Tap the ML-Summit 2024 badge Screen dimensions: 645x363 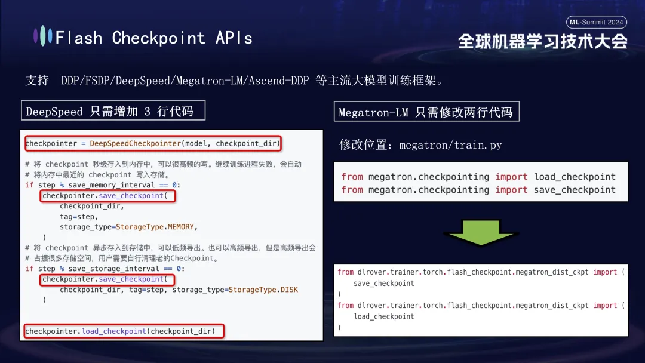(x=596, y=23)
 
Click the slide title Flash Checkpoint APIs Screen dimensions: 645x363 (x=153, y=38)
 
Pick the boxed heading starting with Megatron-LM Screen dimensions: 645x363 (x=426, y=112)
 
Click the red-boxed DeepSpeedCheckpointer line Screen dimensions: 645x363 (x=153, y=143)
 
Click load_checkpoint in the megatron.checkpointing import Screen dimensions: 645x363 (x=575, y=177)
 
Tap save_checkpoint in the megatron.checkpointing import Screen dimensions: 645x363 (x=575, y=190)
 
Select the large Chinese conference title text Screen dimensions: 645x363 (x=543, y=41)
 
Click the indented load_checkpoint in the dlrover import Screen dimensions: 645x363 (x=383, y=316)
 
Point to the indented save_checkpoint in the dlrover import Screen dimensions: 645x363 (x=383, y=283)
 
